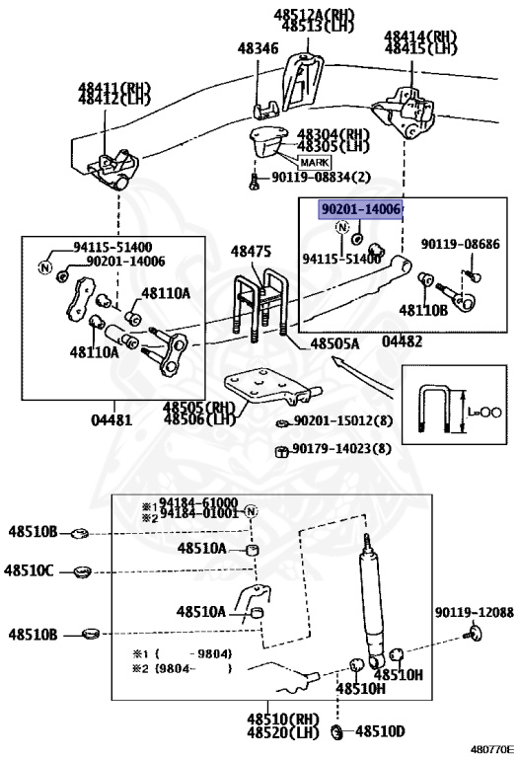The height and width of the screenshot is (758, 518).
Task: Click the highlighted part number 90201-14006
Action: point(359,210)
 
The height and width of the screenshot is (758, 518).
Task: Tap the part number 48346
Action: point(258,46)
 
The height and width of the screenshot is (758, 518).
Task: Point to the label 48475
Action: point(251,253)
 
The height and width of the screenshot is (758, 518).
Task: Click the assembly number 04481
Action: point(111,419)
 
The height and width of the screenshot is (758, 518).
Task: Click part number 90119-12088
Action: point(475,613)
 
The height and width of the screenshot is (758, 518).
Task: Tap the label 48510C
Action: point(29,569)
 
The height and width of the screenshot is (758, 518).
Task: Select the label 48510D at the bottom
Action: point(381,731)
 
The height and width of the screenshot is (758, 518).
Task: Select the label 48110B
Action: point(423,310)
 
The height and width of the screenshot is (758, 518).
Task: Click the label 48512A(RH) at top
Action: point(300,13)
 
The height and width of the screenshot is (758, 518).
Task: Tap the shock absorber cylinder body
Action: point(373,603)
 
